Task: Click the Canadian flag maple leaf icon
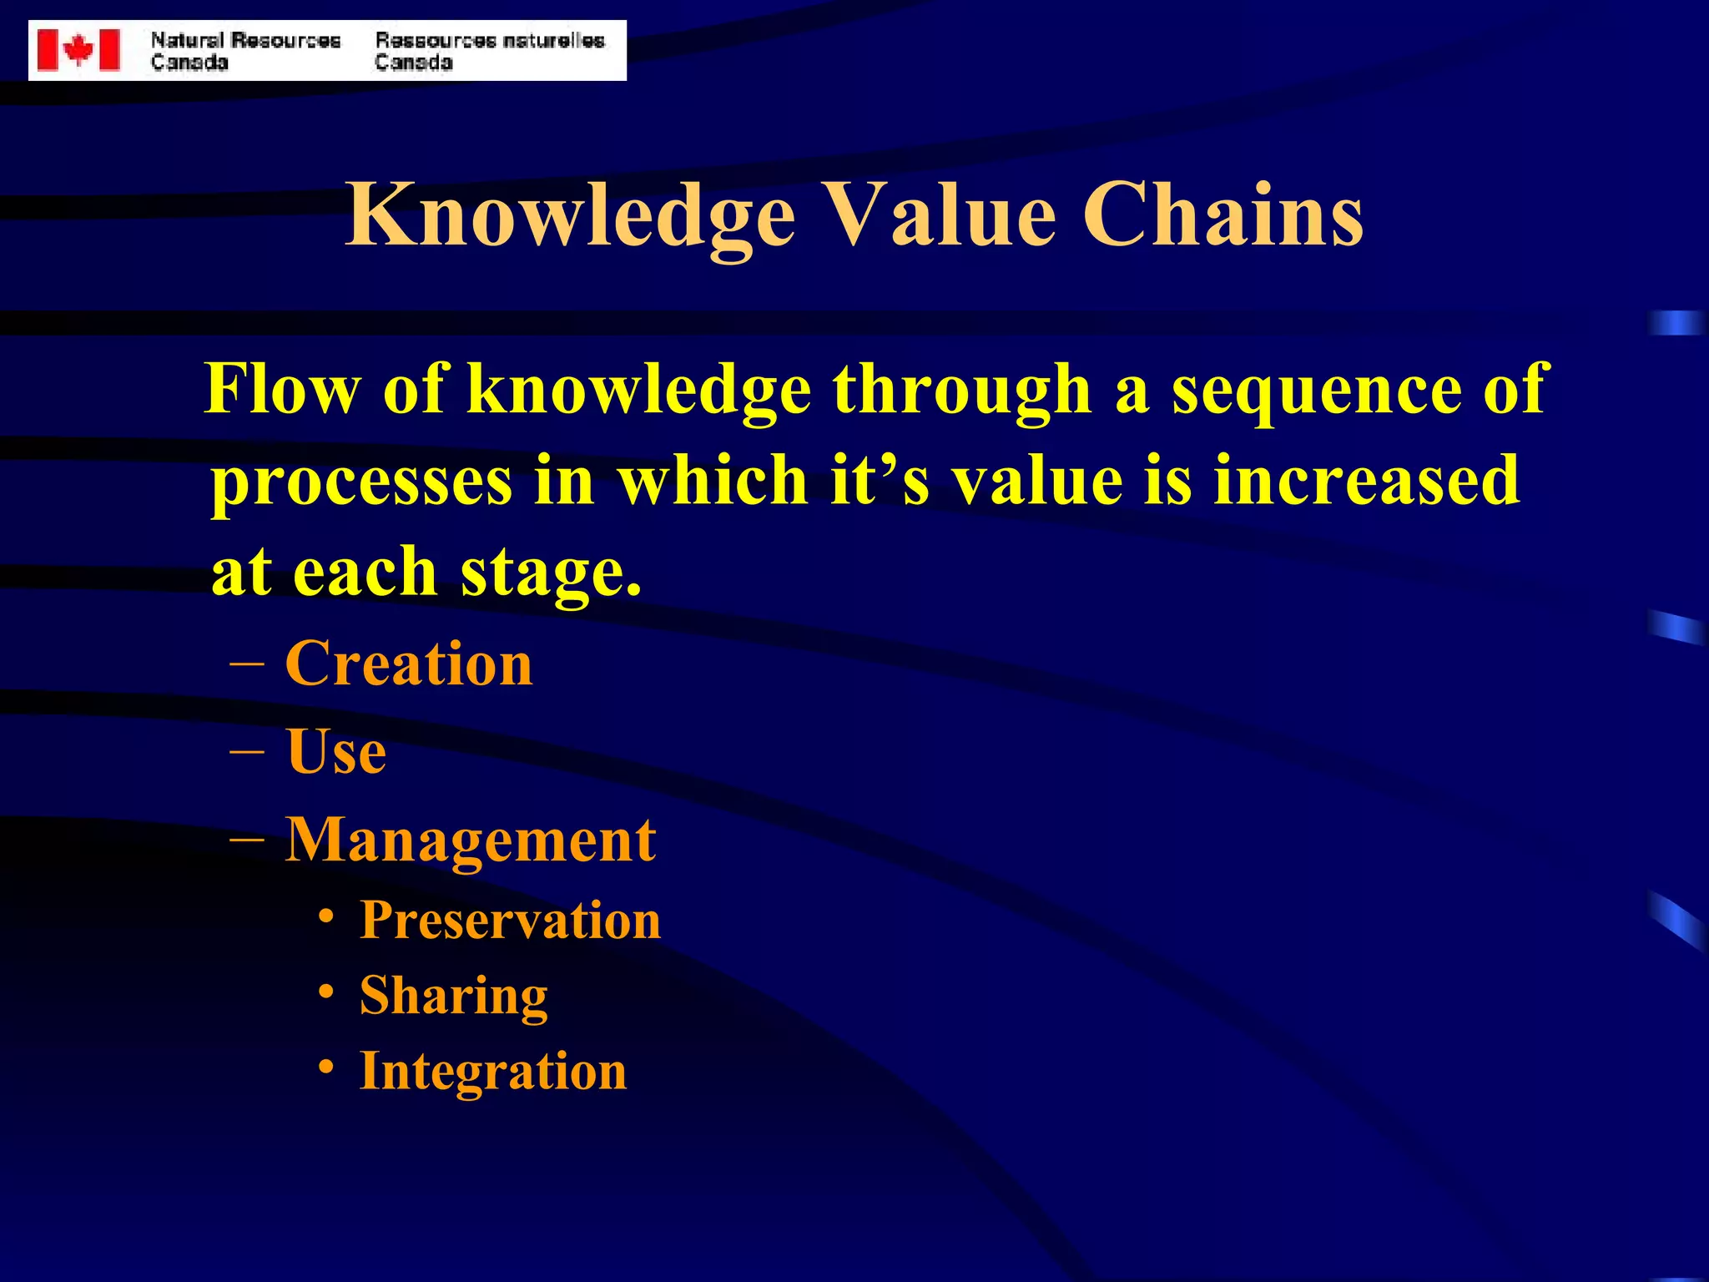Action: point(78,50)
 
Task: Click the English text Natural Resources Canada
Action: point(245,51)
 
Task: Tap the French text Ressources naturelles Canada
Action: point(489,51)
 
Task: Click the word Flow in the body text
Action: point(282,389)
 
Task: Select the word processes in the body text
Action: point(361,482)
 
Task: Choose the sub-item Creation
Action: point(409,664)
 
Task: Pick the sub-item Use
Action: point(335,751)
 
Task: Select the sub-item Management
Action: point(471,840)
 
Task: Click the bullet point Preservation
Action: point(510,920)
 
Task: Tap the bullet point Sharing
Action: point(453,996)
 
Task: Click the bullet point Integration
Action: point(492,1071)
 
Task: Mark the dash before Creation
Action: point(247,664)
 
